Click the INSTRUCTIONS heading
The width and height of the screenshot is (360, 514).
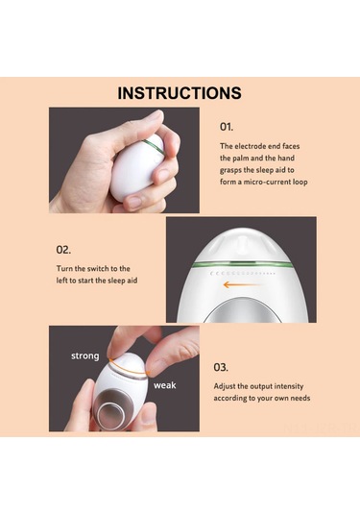(x=180, y=93)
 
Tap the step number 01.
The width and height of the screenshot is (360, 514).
(x=227, y=127)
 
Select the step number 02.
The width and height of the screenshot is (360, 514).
(x=63, y=250)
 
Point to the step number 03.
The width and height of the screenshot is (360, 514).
(x=221, y=367)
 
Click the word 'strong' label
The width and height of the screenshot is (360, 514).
(x=84, y=356)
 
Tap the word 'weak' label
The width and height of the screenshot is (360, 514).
(x=165, y=385)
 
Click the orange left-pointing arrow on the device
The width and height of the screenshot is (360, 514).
(x=243, y=284)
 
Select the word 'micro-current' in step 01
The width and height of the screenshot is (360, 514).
(x=267, y=182)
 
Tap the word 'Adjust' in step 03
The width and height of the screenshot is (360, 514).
(x=225, y=386)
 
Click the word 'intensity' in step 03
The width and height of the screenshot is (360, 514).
(x=289, y=386)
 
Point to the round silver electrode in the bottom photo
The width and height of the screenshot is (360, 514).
(x=110, y=413)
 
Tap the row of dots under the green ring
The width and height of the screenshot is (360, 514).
(x=243, y=273)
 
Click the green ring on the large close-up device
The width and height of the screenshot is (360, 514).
(x=242, y=263)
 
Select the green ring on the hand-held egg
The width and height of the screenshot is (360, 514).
(x=154, y=146)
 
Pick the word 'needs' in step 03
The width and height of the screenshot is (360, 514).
(x=300, y=399)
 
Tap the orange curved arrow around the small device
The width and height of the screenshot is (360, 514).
(x=129, y=371)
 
